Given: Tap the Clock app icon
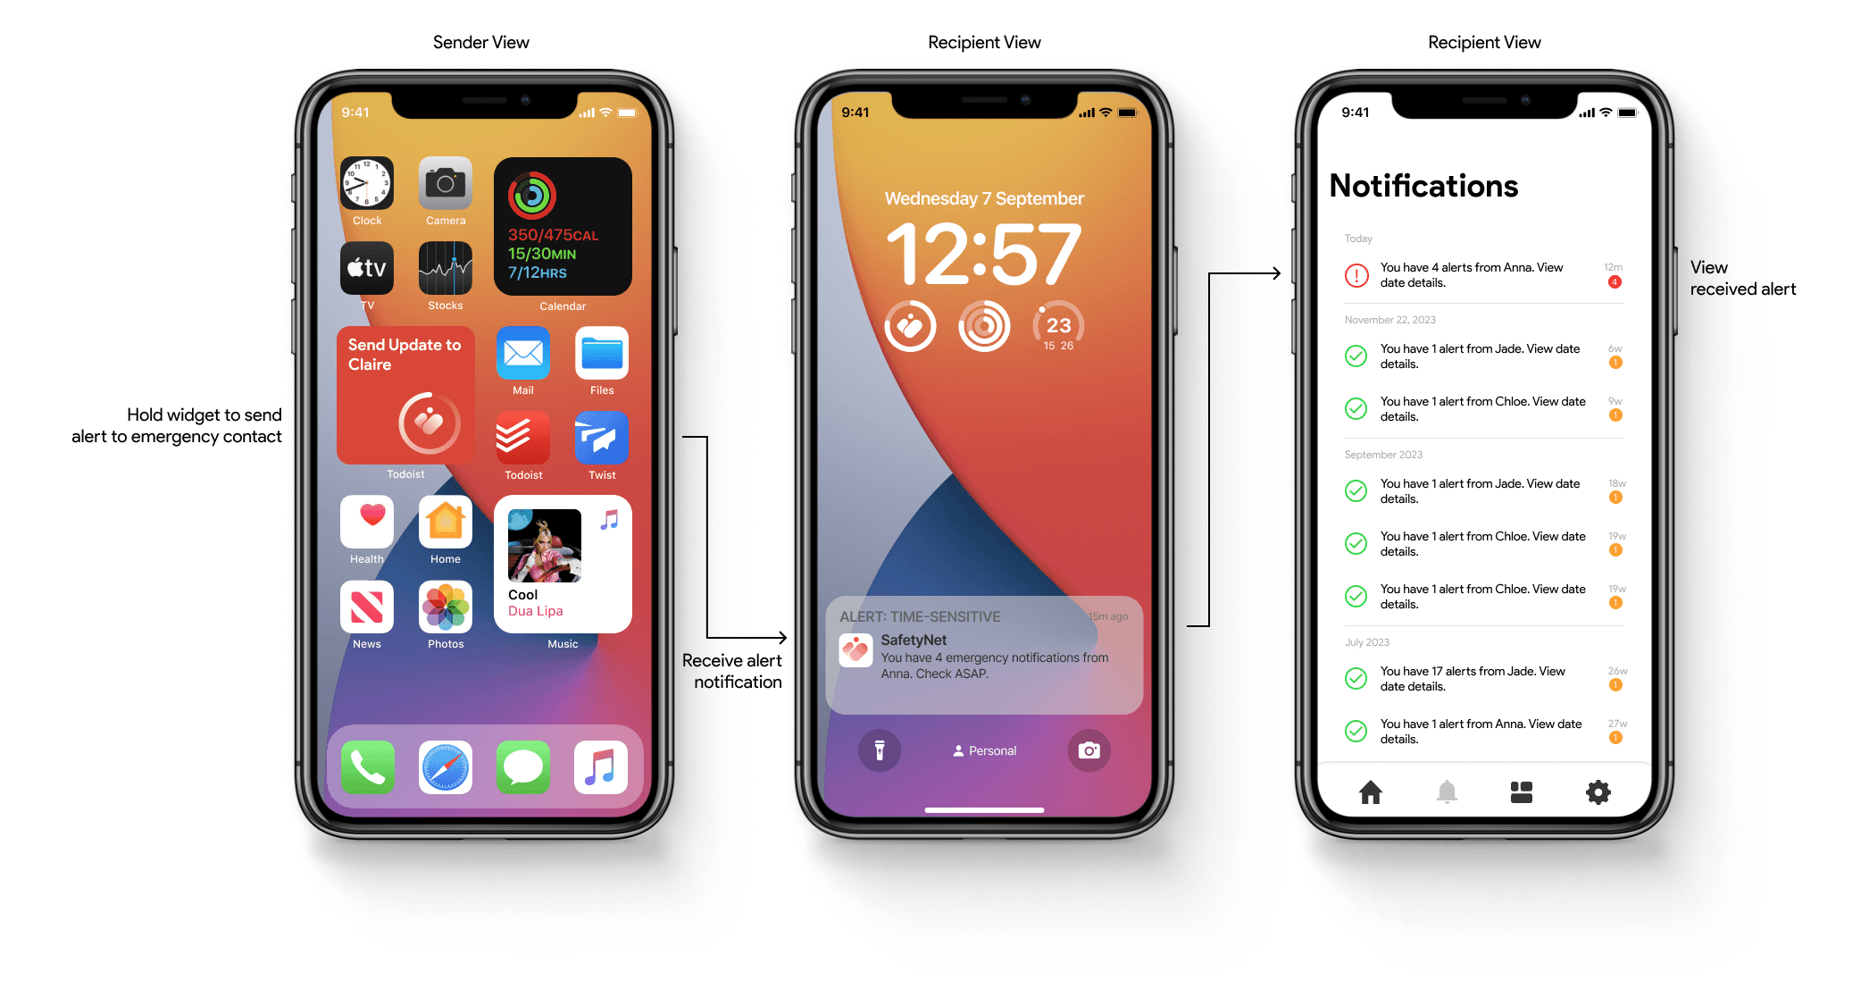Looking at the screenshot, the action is point(367,184).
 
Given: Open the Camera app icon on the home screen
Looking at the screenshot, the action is point(446,184).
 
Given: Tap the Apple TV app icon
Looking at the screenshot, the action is point(367,268).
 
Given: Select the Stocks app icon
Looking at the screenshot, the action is point(446,268).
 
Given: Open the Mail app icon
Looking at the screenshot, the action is point(523,353).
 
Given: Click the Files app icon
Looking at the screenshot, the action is point(602,353).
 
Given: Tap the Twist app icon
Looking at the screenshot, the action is point(602,438).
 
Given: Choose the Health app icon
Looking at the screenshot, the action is point(367,522).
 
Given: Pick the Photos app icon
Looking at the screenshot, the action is point(446,607).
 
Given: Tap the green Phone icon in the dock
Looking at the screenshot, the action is point(367,767).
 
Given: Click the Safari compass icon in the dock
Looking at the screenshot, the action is point(446,767).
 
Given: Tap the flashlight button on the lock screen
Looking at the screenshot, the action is point(880,750).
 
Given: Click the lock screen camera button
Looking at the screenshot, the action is point(1089,750).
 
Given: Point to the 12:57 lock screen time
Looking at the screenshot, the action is point(984,255).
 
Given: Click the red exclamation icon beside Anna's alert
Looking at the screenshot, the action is point(1356,275).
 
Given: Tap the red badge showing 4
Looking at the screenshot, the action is point(1615,282).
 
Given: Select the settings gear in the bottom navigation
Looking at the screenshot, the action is point(1598,792).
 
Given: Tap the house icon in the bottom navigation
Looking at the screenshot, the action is point(1371,792).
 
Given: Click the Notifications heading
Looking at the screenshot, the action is point(1423,186).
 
